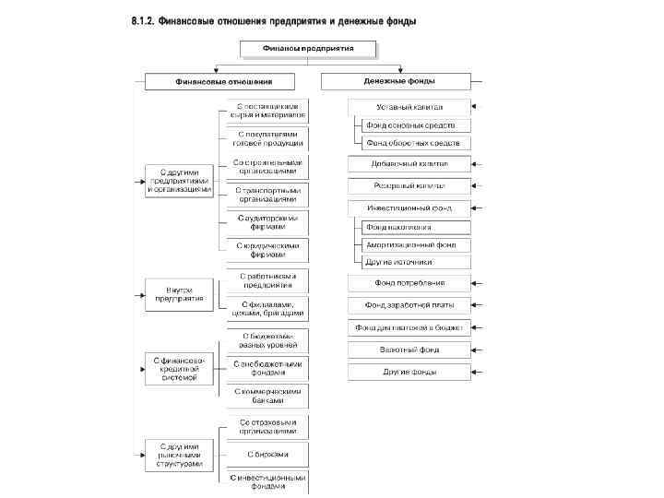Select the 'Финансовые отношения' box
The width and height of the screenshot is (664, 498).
tap(215, 81)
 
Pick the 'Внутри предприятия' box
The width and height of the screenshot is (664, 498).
tap(179, 293)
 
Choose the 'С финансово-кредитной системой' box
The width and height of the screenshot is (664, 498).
tap(181, 367)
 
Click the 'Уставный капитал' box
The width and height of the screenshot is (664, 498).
tap(409, 107)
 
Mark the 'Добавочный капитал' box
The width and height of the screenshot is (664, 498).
tap(409, 164)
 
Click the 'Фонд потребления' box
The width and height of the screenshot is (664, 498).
tap(409, 283)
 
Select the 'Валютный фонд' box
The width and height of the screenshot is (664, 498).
tap(409, 350)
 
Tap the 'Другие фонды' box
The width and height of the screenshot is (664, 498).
tap(409, 372)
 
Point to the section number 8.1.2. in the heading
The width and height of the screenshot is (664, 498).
tap(142, 21)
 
